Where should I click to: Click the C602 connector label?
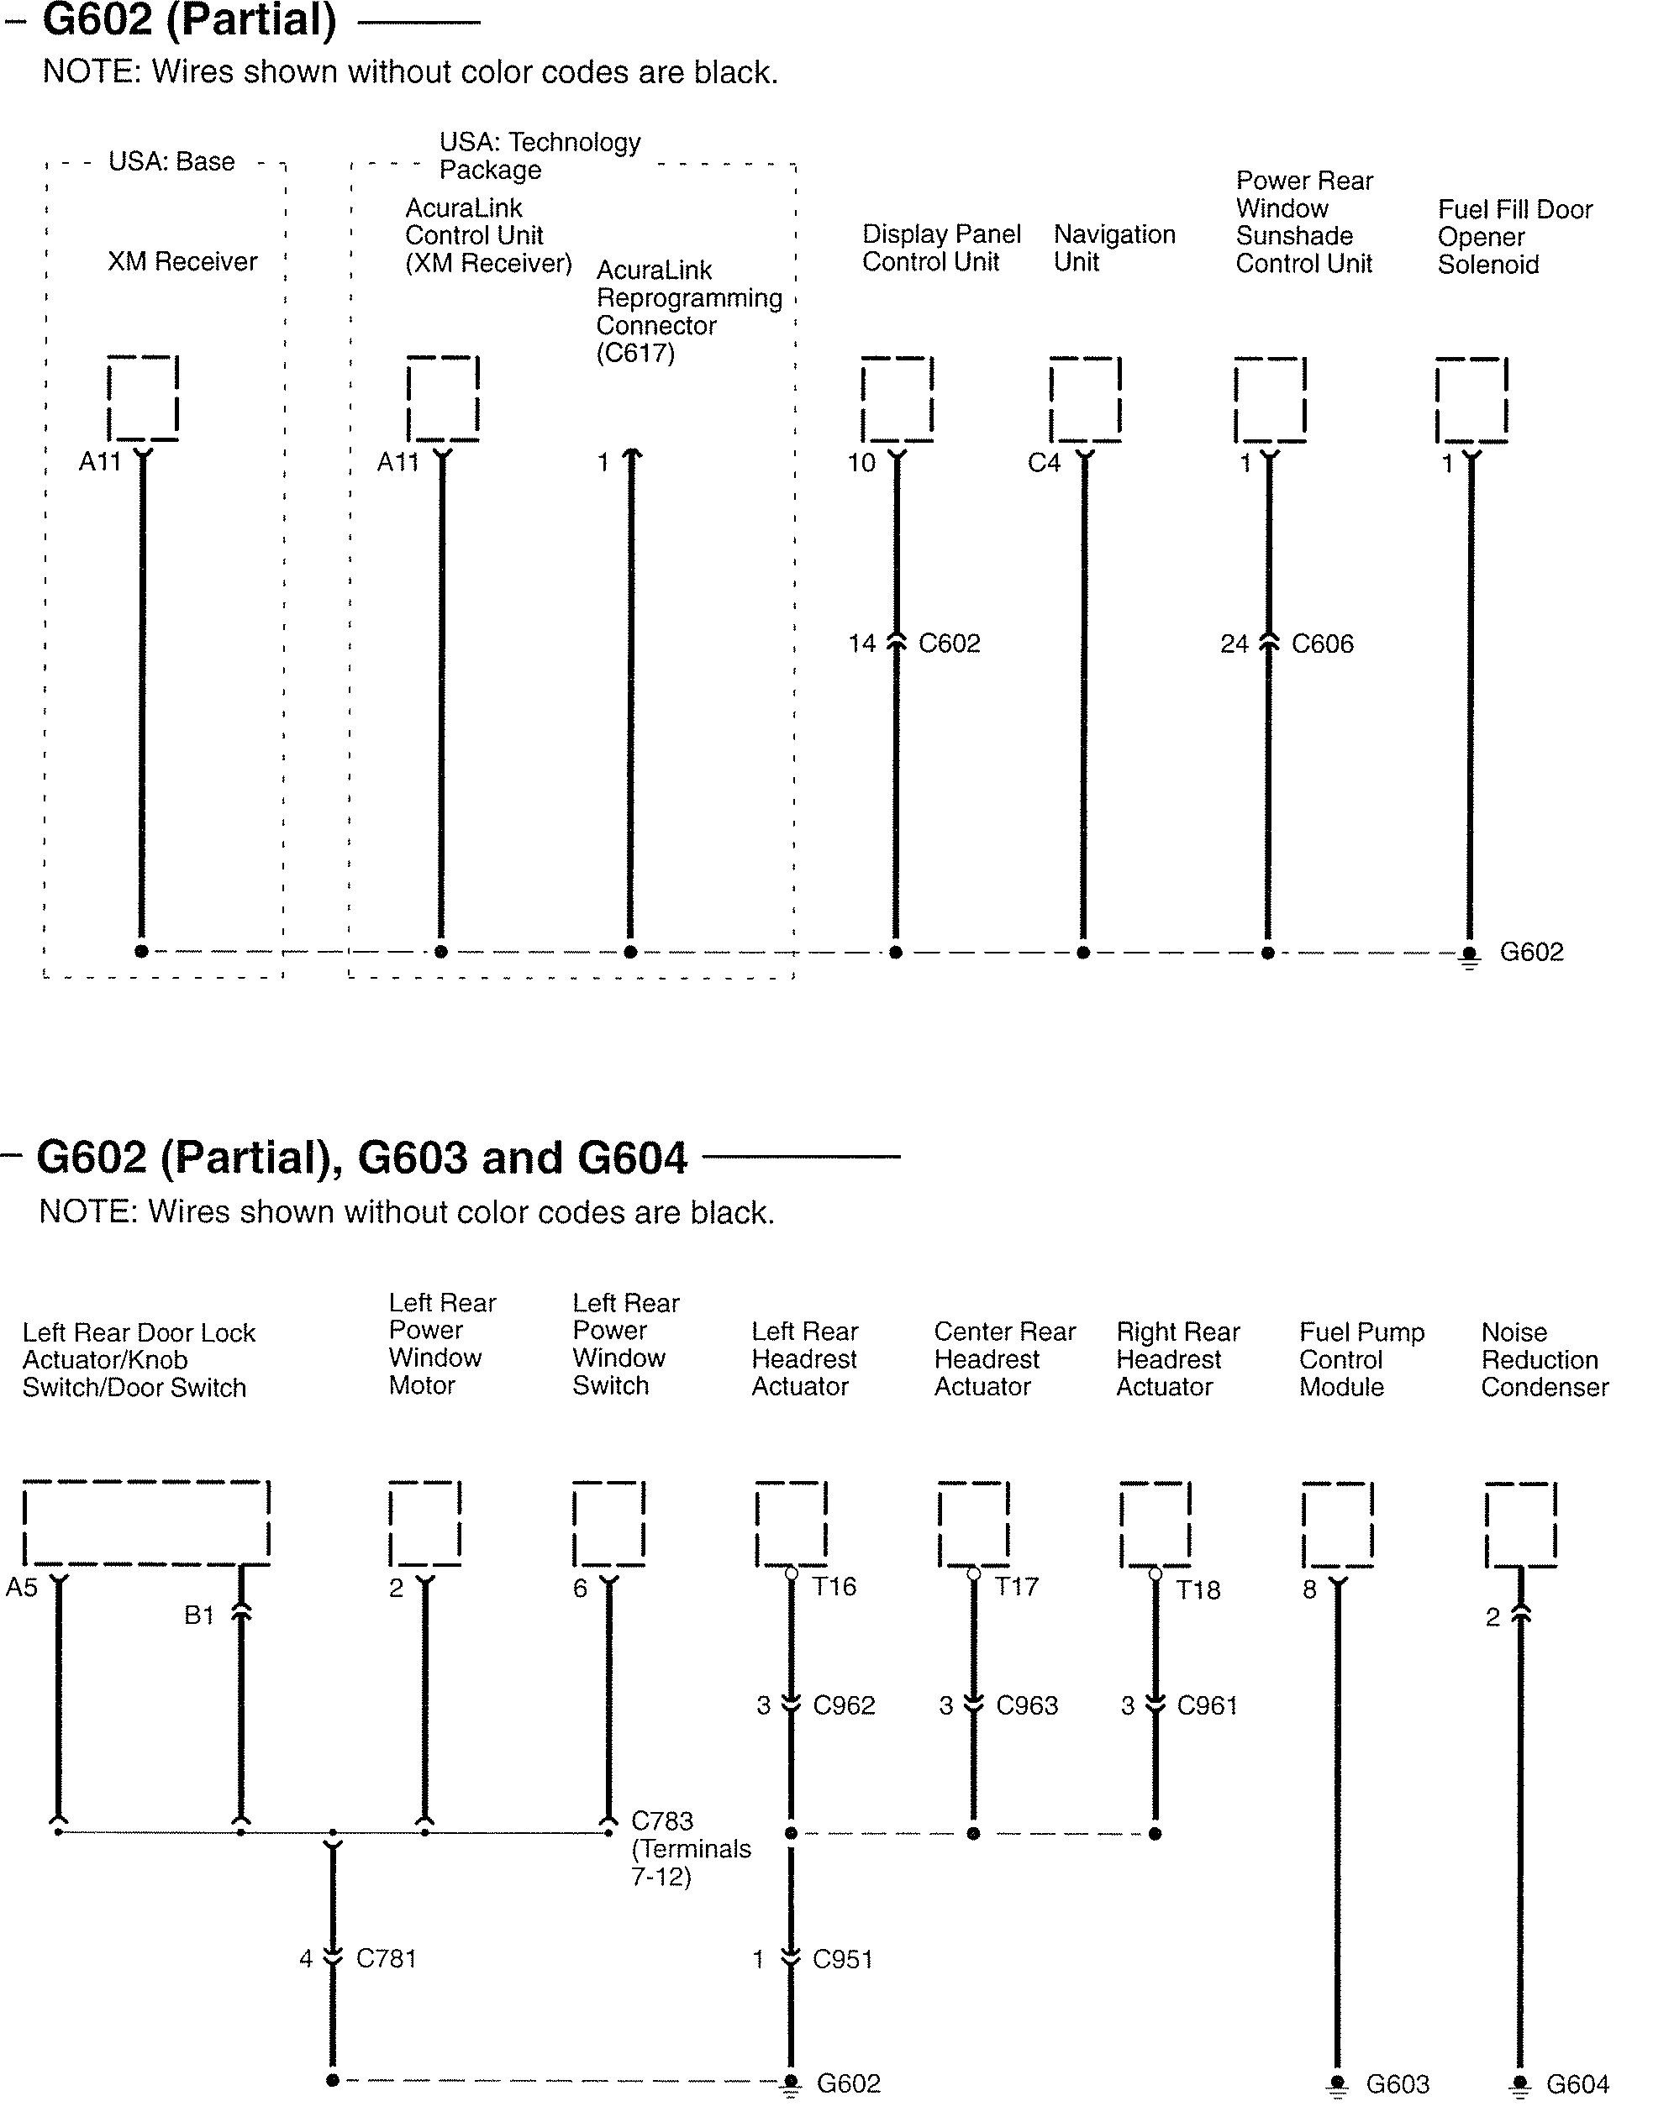(949, 644)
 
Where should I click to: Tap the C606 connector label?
(1323, 644)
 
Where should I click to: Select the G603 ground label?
(1397, 2084)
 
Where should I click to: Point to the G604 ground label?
(1577, 2084)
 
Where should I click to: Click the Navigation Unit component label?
(1114, 248)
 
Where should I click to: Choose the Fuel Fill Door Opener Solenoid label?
(1514, 238)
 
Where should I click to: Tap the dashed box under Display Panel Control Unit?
(897, 399)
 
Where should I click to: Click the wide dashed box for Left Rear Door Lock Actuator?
(145, 1522)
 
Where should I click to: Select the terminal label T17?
(1016, 1587)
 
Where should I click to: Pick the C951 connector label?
(843, 1959)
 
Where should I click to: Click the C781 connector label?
(386, 1958)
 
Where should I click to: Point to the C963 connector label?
(1027, 1705)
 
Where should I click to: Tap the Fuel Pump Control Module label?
(1361, 1359)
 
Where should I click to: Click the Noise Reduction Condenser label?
(1545, 1359)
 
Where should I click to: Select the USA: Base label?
(171, 162)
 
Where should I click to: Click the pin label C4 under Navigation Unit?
(1044, 464)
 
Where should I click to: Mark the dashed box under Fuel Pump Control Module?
(1338, 1523)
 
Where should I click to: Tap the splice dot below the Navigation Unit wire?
(1084, 953)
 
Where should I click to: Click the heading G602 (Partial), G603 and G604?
(361, 1158)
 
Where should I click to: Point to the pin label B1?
(199, 1615)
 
